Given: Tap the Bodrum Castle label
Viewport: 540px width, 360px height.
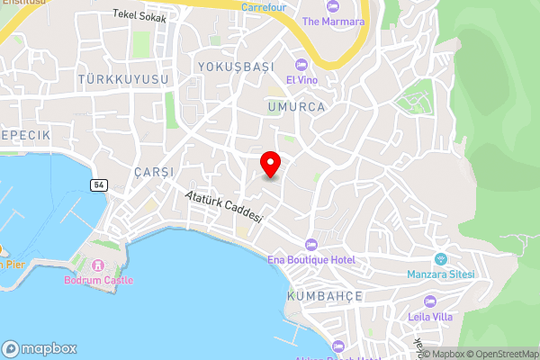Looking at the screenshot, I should (x=98, y=280).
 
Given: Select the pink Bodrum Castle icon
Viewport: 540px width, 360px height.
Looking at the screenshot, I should (x=98, y=265).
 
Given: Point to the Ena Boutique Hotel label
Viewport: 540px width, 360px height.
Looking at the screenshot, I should (x=311, y=260).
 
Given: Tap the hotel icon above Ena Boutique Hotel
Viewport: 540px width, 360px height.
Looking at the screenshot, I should (x=311, y=245).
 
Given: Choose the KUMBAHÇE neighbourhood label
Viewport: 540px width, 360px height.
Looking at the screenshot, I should (x=324, y=295).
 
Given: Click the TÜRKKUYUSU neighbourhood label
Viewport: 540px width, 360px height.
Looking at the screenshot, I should (x=124, y=80).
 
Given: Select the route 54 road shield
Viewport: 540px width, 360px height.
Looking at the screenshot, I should (x=98, y=184).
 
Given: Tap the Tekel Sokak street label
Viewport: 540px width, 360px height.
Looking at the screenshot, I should (x=139, y=15).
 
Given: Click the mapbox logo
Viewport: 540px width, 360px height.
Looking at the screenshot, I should (x=40, y=348).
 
